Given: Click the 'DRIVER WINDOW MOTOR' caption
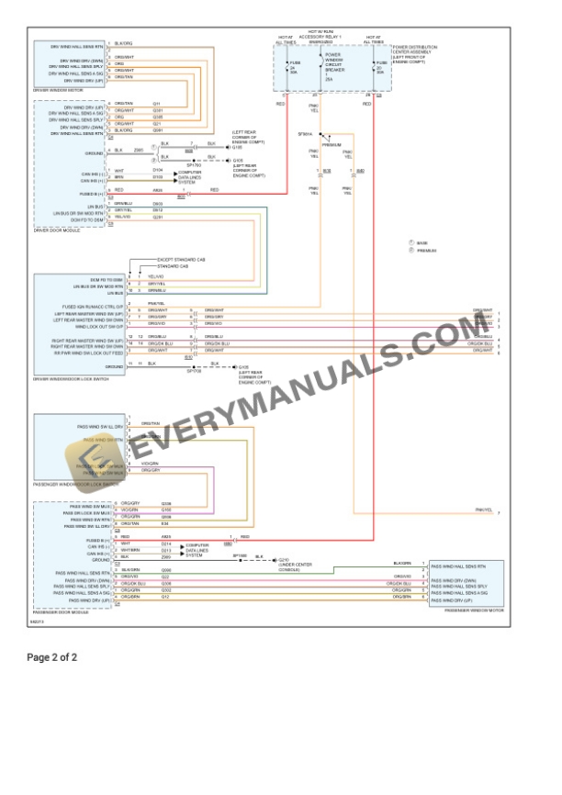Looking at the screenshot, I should (x=56, y=91).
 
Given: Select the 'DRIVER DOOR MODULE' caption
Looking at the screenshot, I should (x=56, y=230).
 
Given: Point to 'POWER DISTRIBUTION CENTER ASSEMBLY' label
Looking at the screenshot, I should (x=414, y=52).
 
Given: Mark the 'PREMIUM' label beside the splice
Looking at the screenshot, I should (x=332, y=145).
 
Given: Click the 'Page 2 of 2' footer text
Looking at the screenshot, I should (x=52, y=657).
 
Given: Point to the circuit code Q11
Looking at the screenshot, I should (x=156, y=103).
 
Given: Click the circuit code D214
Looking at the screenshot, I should (x=166, y=544).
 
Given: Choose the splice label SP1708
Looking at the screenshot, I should (x=193, y=371).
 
